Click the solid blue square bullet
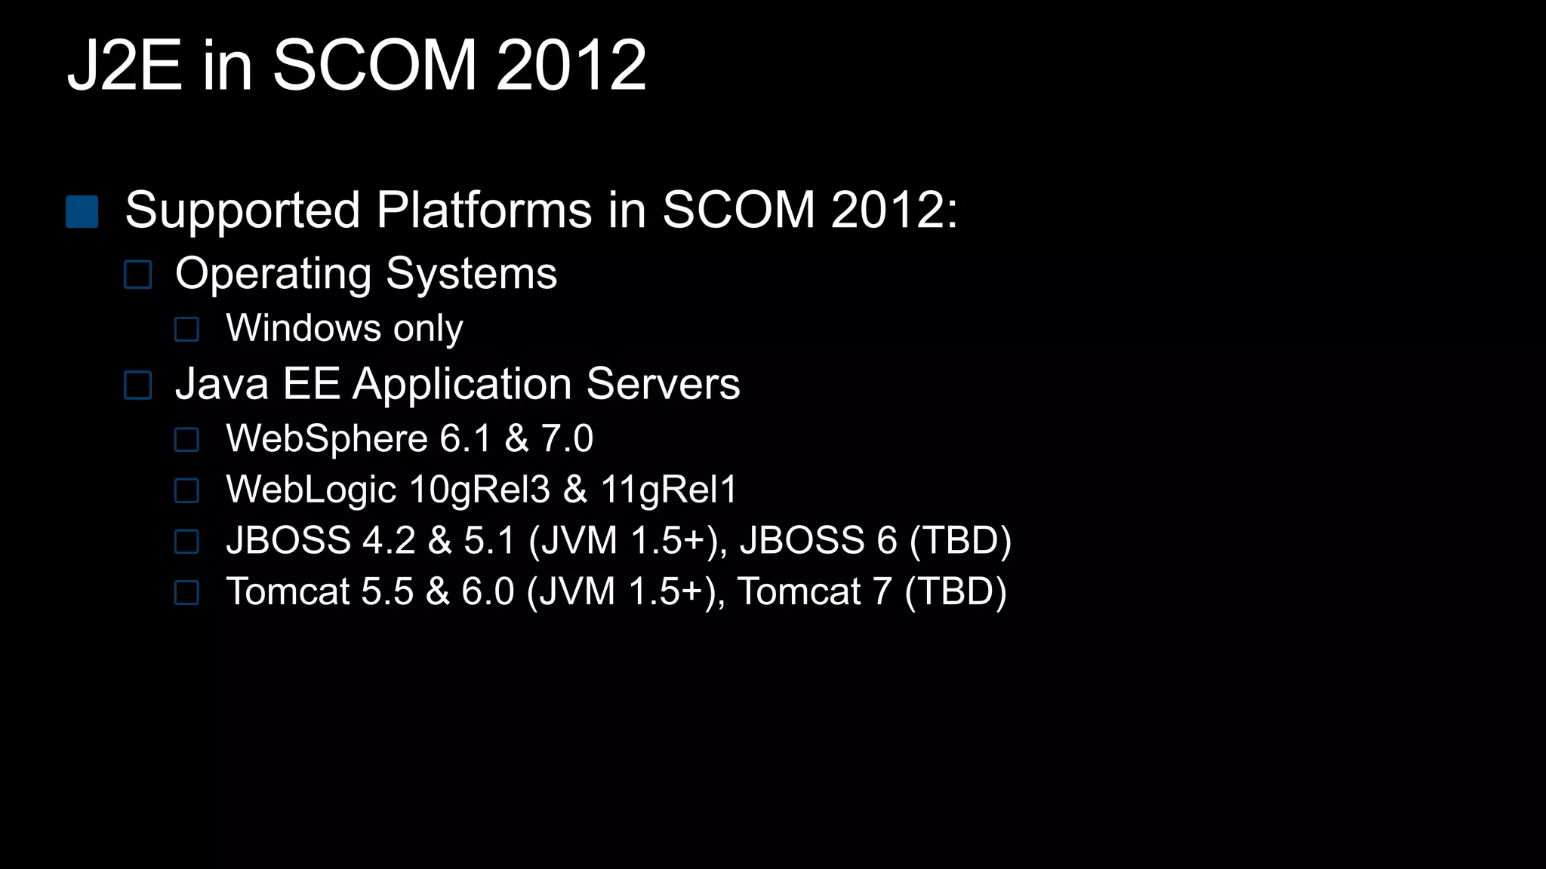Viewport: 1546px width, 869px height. tap(82, 212)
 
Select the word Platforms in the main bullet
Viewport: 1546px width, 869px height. tap(484, 210)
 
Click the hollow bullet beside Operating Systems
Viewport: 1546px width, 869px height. tap(137, 275)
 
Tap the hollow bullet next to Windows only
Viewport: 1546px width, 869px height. tap(186, 330)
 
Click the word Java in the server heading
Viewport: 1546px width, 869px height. tap(222, 384)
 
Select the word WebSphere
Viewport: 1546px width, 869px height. tap(327, 439)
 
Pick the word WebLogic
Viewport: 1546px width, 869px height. tap(311, 490)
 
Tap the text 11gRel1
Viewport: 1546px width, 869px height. tap(669, 490)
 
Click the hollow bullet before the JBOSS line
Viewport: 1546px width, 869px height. tap(186, 542)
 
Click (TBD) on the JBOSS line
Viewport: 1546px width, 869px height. tap(960, 541)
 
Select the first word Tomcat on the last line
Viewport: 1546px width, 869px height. tap(288, 591)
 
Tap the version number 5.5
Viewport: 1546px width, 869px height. tap(387, 591)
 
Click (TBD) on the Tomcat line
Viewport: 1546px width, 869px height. tap(956, 591)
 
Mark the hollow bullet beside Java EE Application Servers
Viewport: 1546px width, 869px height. tap(137, 385)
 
